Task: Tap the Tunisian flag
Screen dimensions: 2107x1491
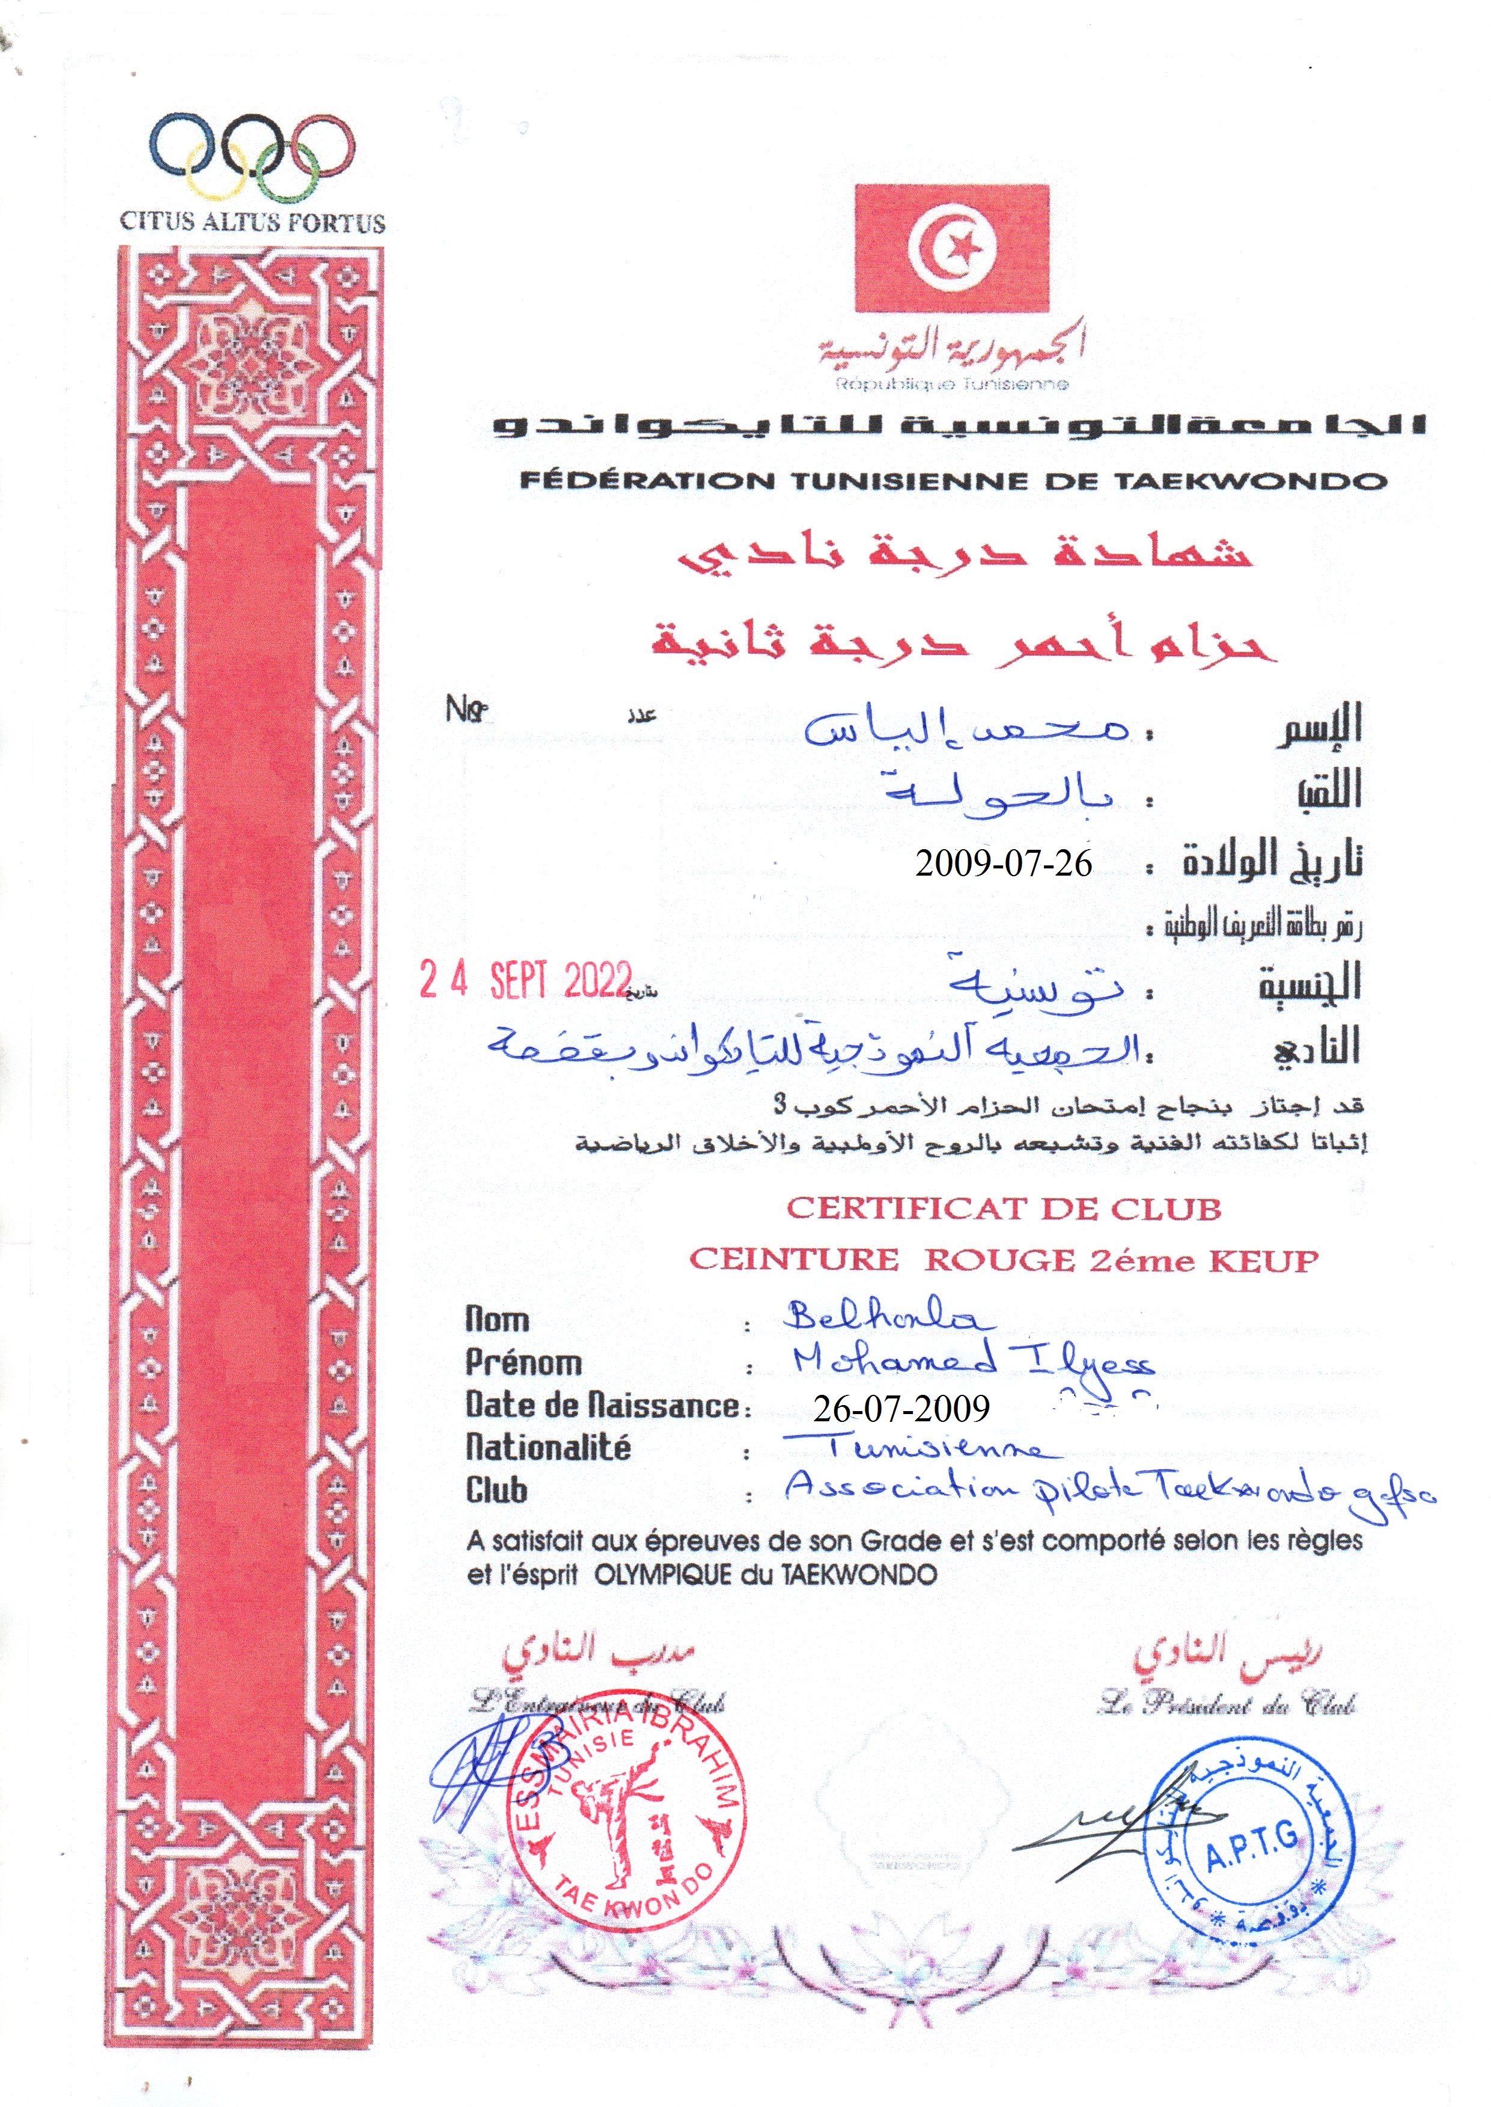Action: tap(951, 248)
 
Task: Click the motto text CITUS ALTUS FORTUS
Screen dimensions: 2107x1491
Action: tap(252, 222)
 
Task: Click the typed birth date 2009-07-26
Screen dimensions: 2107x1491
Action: tap(1004, 864)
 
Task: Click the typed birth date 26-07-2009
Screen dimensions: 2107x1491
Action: tap(901, 1408)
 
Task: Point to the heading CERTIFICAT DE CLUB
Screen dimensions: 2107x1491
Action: tap(1004, 1209)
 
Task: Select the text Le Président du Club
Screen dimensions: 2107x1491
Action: tap(1227, 1706)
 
